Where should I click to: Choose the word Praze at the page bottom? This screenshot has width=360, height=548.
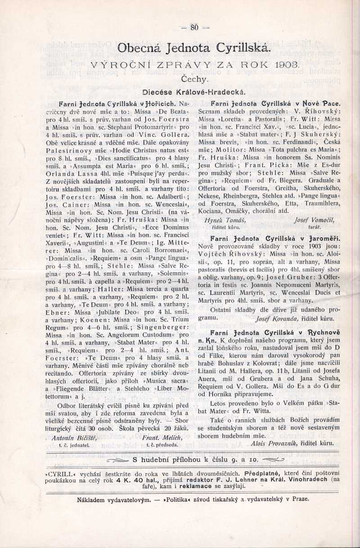300,499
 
